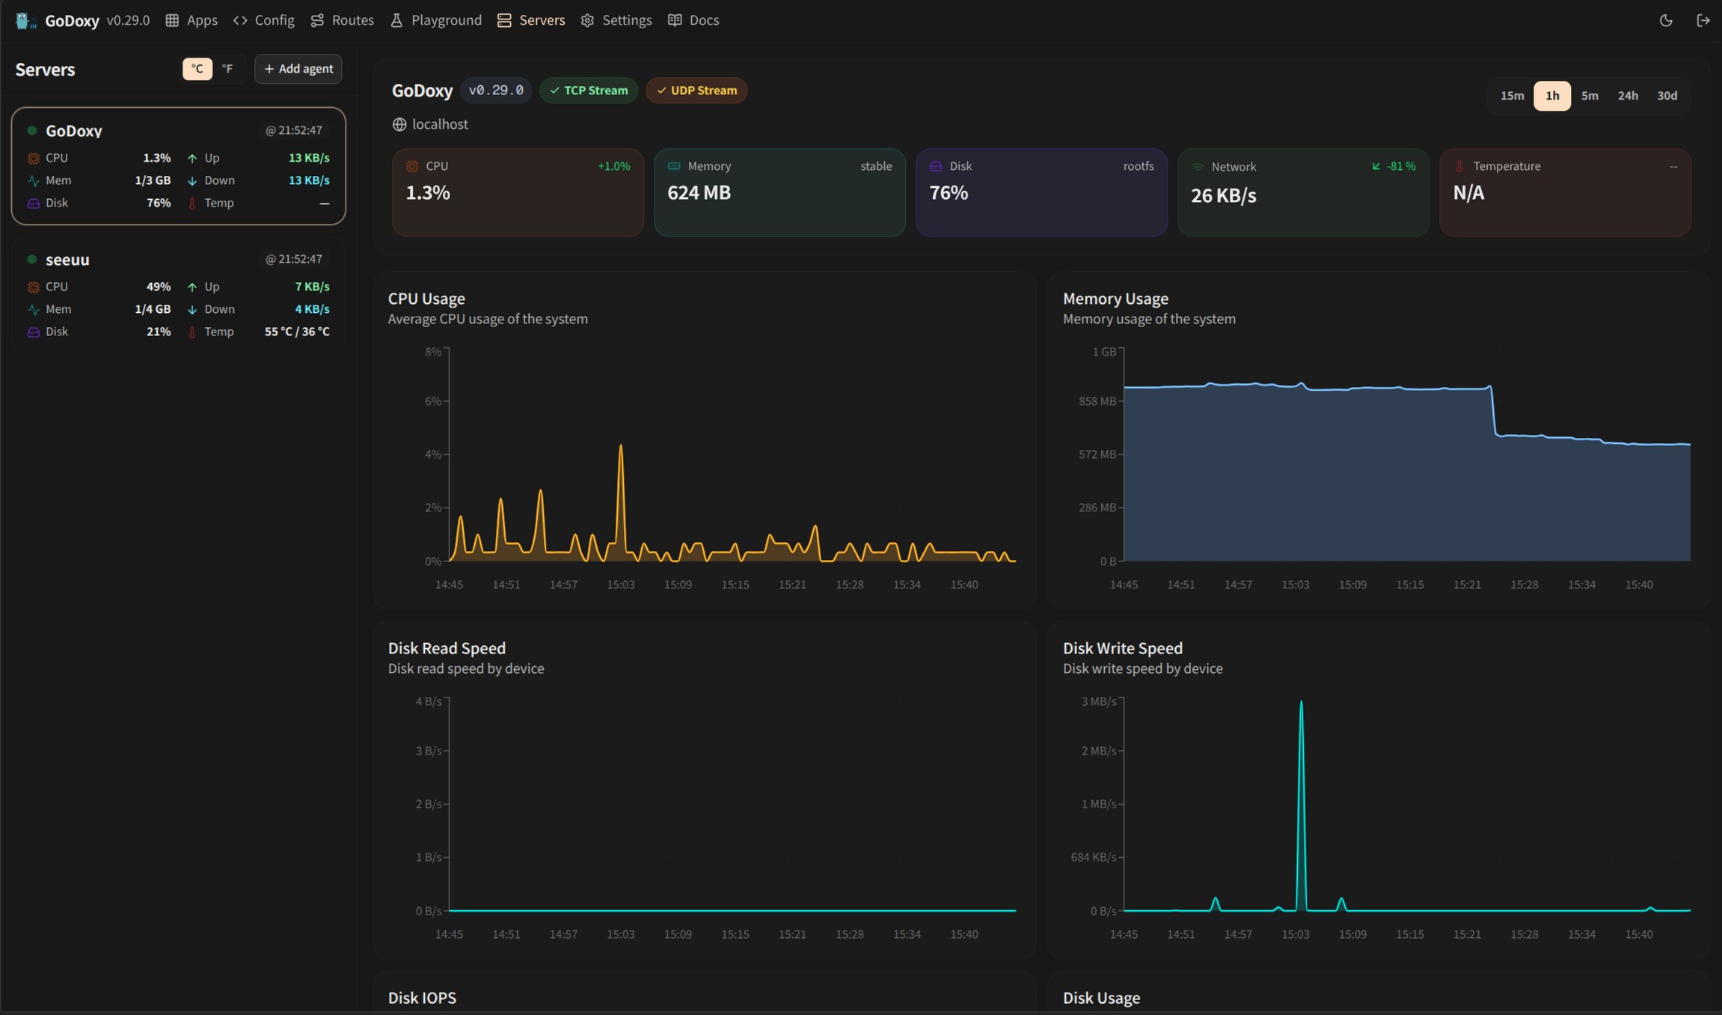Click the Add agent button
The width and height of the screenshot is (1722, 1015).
pyautogui.click(x=298, y=69)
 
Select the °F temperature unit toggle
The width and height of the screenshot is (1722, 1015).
pyautogui.click(x=227, y=69)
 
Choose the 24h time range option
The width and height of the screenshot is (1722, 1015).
pyautogui.click(x=1628, y=96)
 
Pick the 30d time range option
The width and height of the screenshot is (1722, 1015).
pyautogui.click(x=1667, y=96)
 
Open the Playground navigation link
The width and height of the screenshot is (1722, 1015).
pyautogui.click(x=436, y=20)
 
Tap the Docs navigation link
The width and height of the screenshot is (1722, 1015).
pyautogui.click(x=693, y=20)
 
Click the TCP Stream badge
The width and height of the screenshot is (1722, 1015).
pyautogui.click(x=589, y=91)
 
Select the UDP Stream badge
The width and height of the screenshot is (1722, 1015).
pyautogui.click(x=696, y=91)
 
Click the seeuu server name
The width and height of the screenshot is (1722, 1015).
pyautogui.click(x=67, y=260)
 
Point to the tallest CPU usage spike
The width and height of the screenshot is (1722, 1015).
pyautogui.click(x=621, y=446)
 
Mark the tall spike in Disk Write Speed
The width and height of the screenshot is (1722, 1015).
pyautogui.click(x=1302, y=702)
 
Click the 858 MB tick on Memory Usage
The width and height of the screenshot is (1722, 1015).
pyautogui.click(x=1097, y=401)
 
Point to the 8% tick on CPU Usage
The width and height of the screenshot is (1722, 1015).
pyautogui.click(x=433, y=352)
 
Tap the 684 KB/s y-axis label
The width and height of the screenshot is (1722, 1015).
pyautogui.click(x=1094, y=857)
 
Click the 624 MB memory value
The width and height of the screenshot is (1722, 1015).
pyautogui.click(x=699, y=193)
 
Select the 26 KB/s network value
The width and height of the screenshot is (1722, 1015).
pyautogui.click(x=1224, y=196)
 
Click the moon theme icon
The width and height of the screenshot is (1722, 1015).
pyautogui.click(x=1666, y=20)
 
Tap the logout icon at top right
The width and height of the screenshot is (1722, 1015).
pyautogui.click(x=1703, y=20)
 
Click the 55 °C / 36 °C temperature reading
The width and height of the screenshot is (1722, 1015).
pyautogui.click(x=297, y=332)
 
